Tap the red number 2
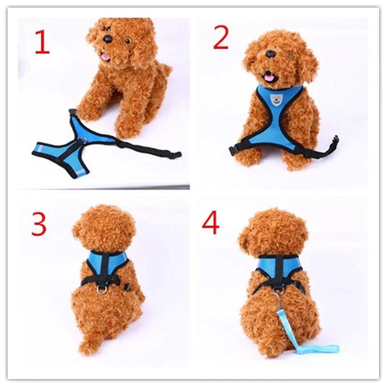click(221, 38)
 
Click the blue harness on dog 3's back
click(107, 264)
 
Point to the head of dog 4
click(274, 232)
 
